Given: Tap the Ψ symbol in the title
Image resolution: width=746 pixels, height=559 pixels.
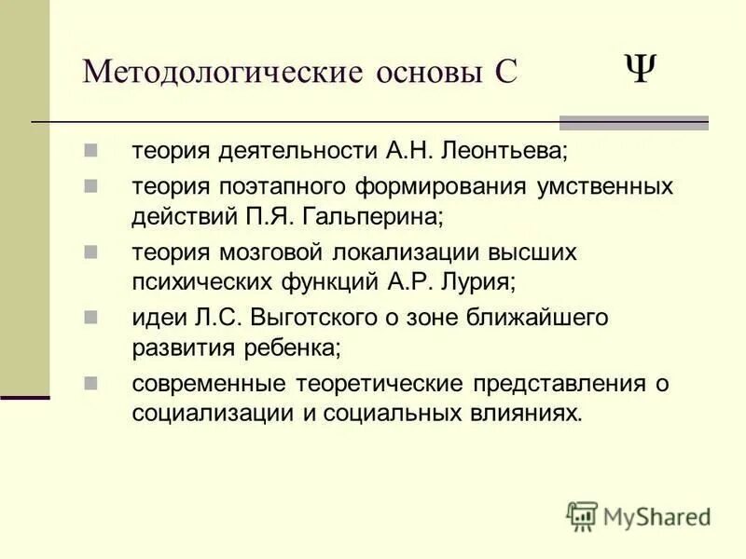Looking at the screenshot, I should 639,68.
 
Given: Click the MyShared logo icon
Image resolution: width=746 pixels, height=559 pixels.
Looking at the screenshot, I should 582,515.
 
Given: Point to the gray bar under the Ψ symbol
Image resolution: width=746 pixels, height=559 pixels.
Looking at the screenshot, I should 633,122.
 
